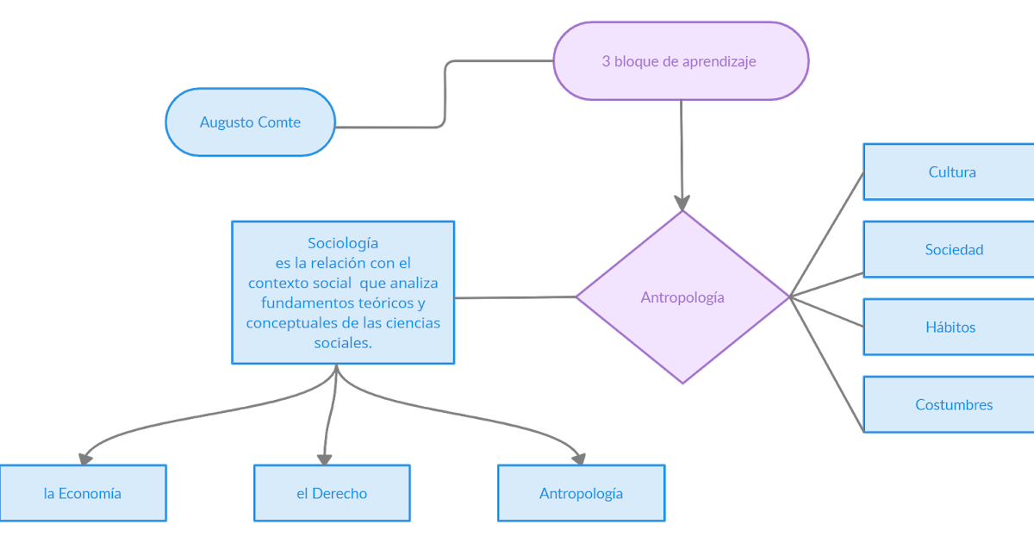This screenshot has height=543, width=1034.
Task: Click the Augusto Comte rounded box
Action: point(250,122)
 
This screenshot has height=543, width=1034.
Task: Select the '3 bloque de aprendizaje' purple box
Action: point(680,61)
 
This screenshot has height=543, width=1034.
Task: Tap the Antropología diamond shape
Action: point(682,297)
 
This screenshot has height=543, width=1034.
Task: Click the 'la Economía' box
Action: point(83,494)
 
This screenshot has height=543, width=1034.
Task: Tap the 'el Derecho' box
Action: point(332,494)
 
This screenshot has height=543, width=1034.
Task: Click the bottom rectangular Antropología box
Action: point(582,494)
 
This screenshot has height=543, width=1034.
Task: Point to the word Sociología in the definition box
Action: point(343,243)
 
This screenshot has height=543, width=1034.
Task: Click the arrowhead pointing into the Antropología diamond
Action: point(682,203)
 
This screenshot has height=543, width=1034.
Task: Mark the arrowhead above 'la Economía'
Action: point(85,457)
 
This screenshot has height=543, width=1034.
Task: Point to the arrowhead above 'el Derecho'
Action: point(324,457)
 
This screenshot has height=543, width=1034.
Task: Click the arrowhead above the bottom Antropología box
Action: point(580,456)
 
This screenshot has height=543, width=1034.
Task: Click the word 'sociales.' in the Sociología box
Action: point(343,342)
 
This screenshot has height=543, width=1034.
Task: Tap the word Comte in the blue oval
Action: point(279,122)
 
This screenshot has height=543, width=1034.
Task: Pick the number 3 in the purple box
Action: point(607,61)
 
